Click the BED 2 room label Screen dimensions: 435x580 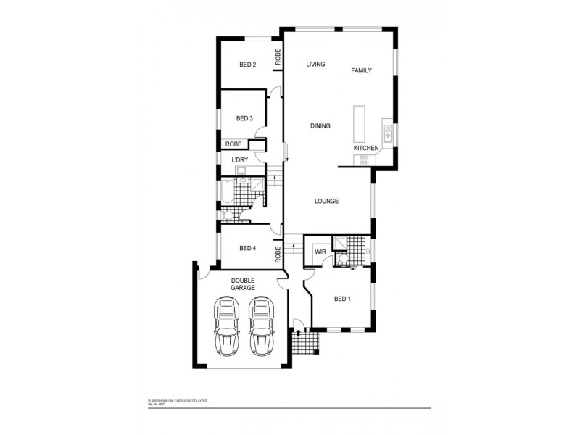click(x=247, y=65)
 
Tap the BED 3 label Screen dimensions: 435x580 click(x=244, y=119)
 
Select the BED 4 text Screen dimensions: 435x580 click(x=247, y=248)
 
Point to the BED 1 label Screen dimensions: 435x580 click(x=342, y=298)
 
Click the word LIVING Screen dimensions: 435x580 click(x=315, y=65)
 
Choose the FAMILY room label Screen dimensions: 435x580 click(x=361, y=70)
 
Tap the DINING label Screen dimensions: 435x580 click(x=320, y=125)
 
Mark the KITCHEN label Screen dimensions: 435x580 click(x=366, y=148)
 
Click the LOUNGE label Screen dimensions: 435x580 click(x=327, y=201)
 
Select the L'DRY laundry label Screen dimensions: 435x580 click(x=241, y=159)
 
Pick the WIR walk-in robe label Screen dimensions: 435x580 click(x=320, y=252)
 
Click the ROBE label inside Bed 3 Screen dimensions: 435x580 click(x=233, y=144)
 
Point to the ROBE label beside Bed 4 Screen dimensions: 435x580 click(x=278, y=254)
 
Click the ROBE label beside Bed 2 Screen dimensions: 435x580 click(x=278, y=57)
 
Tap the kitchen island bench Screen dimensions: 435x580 click(x=358, y=124)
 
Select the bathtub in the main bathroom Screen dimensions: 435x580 click(x=226, y=192)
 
